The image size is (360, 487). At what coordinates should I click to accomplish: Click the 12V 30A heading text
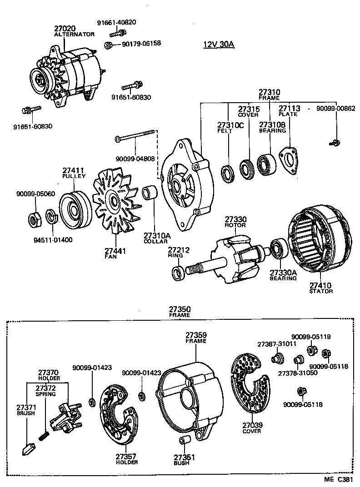click(218, 45)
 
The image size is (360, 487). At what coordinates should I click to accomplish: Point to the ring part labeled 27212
click(178, 274)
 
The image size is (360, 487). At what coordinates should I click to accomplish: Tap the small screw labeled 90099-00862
click(335, 143)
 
